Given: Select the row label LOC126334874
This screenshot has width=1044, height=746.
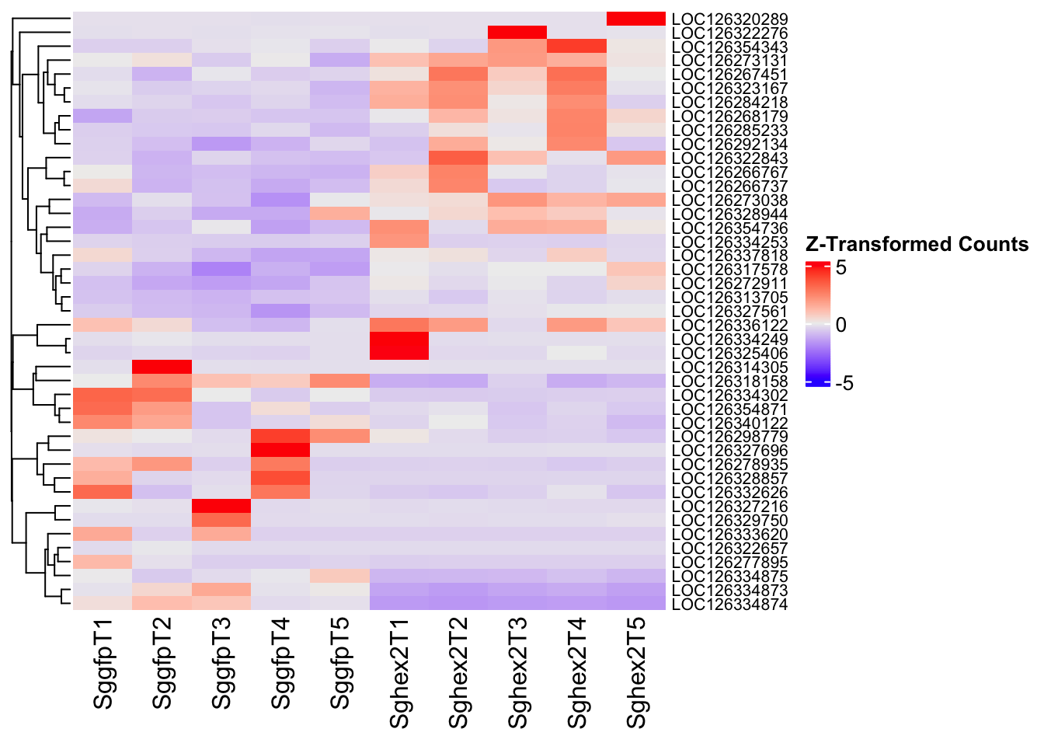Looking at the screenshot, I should pos(729,605).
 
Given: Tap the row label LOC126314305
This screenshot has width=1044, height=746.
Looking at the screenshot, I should pos(729,368).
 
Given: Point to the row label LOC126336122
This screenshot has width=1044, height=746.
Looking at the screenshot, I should pos(729,326).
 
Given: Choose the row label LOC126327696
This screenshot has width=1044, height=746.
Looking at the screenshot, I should pos(729,451).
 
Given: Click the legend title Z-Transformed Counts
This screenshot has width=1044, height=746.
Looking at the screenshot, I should pos(917,245).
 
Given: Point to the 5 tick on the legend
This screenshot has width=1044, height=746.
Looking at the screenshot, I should pos(841,267).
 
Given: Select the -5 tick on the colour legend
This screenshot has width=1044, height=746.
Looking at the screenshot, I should pos(844,383).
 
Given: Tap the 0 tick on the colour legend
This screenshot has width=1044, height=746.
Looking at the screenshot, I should pos(841,326).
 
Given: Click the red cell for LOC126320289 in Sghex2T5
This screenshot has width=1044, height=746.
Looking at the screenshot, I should pos(636,19).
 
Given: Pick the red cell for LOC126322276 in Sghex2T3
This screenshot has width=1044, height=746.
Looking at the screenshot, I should pos(517,33).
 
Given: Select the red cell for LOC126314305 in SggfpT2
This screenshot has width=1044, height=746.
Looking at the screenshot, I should pos(162,367).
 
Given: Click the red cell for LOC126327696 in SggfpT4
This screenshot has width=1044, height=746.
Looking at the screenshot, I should pos(280,451).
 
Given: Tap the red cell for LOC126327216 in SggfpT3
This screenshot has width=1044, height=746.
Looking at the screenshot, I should pos(221,507).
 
